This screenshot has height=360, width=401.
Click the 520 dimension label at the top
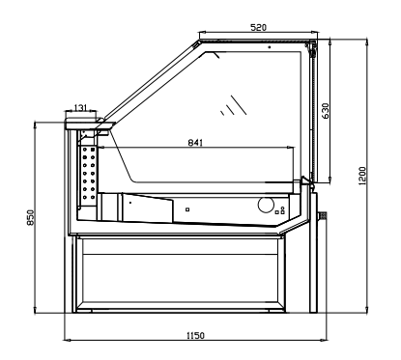tap(258, 28)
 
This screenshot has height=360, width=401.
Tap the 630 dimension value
tap(326, 111)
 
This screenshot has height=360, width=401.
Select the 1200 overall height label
tap(362, 176)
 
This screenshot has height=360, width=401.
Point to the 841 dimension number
tap(195, 142)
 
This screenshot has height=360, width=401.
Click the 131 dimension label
tap(80, 107)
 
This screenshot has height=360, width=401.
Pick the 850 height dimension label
tap(30, 217)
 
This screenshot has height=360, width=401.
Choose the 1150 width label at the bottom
tap(195, 336)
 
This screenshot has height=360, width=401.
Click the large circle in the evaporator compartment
tap(266, 205)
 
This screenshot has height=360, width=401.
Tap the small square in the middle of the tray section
tap(187, 209)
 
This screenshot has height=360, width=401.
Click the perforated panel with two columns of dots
tap(89, 176)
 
